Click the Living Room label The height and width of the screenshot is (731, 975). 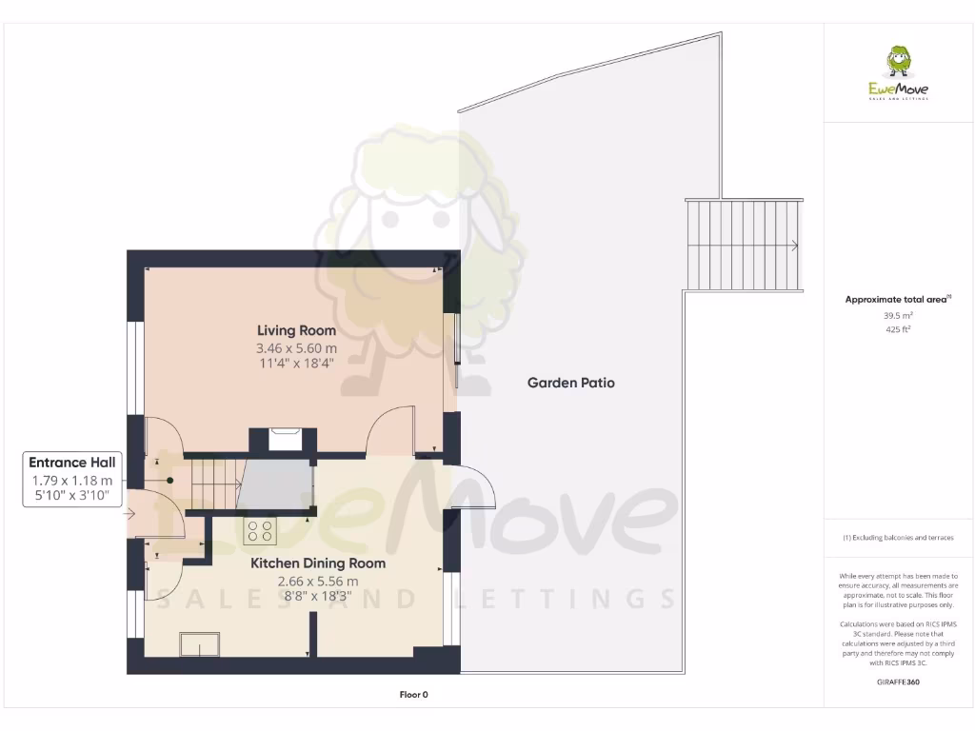click(296, 330)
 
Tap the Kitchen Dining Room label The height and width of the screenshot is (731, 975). click(318, 563)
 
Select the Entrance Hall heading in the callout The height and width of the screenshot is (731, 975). click(71, 462)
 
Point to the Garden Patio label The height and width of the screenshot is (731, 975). click(571, 383)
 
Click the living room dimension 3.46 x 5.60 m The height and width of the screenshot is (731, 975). click(296, 348)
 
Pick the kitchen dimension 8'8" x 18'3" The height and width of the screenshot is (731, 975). click(318, 597)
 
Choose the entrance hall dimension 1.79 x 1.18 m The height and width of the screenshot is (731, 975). click(71, 481)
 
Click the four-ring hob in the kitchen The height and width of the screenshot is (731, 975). click(260, 531)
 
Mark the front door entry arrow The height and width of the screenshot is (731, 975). click(130, 514)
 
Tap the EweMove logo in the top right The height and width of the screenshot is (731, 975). click(898, 73)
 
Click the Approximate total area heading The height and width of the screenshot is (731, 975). click(897, 299)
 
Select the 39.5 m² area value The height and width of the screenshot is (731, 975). click(898, 315)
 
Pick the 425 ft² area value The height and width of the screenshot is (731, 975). click(898, 330)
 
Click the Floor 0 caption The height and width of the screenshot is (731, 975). click(413, 695)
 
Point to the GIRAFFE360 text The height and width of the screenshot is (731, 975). click(898, 682)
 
